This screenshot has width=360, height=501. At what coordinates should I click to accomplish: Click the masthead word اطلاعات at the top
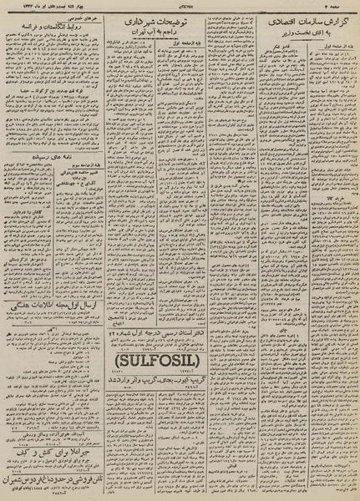pyautogui.click(x=181, y=7)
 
